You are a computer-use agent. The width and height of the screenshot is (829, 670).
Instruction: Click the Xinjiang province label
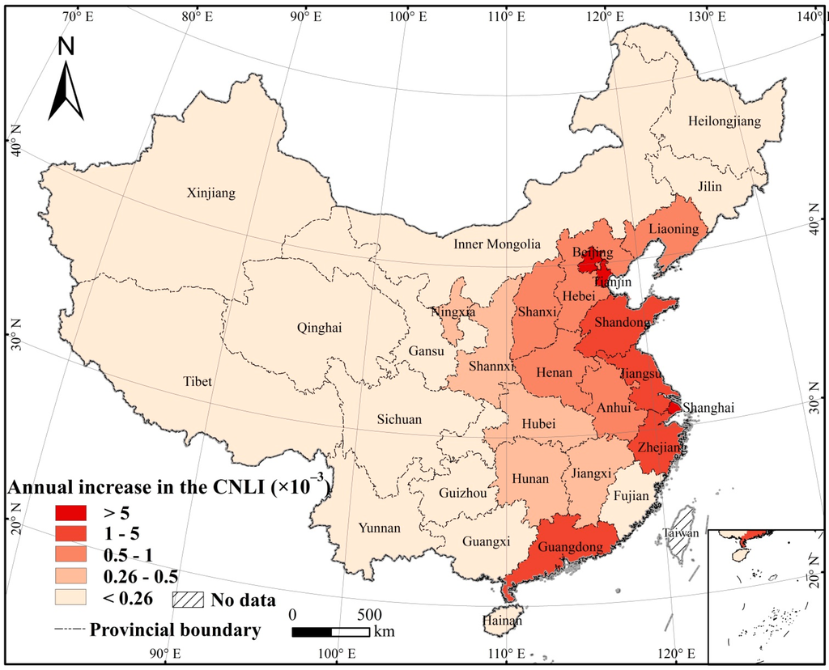(x=210, y=193)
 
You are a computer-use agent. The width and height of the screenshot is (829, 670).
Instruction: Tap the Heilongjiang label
(x=725, y=121)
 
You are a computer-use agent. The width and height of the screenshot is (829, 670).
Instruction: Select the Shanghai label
(x=708, y=409)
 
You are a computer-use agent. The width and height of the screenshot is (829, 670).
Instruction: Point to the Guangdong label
(x=570, y=548)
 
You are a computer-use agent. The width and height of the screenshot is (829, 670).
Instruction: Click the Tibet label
(x=198, y=382)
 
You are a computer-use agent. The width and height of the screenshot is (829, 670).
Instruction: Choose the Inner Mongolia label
(x=496, y=244)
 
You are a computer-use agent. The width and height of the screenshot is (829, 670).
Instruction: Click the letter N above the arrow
(x=66, y=48)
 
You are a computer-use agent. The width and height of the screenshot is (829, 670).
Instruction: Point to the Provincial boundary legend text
(x=175, y=630)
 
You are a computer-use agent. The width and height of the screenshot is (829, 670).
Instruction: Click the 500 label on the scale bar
(x=370, y=612)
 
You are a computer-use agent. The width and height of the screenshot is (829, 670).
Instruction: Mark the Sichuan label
(x=399, y=420)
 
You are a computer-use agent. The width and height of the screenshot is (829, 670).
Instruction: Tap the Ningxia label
(x=453, y=311)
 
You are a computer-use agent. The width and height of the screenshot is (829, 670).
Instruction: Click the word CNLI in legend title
(x=244, y=488)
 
